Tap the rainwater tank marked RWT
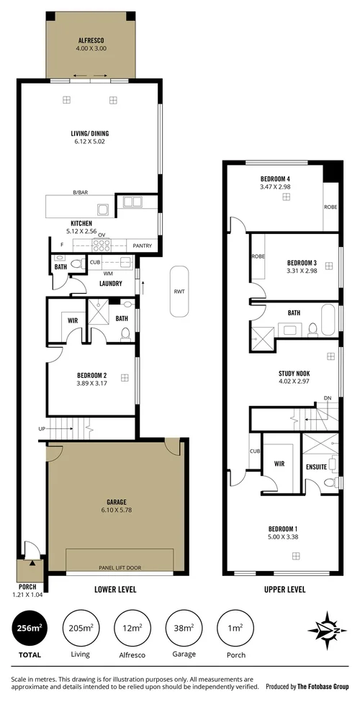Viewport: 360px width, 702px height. (179, 292)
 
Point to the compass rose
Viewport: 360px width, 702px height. (328, 631)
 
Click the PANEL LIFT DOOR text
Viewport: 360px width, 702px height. (120, 567)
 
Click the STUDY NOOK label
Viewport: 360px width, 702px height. (294, 373)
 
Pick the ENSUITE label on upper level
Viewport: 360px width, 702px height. (316, 466)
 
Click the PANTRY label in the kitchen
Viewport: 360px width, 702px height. (141, 246)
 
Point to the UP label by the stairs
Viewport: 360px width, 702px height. (42, 430)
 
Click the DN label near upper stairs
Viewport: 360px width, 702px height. (328, 398)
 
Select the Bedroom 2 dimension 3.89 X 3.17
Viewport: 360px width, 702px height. (91, 384)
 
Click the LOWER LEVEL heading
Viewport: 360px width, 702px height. (116, 589)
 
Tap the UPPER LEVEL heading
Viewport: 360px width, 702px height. (284, 589)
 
